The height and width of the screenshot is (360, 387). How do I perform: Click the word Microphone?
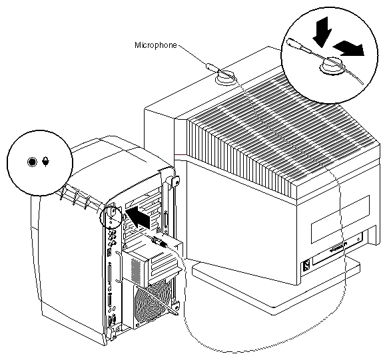point(156,45)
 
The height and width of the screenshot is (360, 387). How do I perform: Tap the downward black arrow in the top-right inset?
point(322,32)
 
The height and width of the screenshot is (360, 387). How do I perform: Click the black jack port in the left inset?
point(32,162)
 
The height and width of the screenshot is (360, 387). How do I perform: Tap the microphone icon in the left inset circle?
point(46,162)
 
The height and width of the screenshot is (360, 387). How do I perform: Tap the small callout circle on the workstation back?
point(111,216)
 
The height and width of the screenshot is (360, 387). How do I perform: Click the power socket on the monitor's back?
point(306,266)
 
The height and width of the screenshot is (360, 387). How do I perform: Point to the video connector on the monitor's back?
point(338,248)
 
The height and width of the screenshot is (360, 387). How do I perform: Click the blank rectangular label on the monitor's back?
point(340,219)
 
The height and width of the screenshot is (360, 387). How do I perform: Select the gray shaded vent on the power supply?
point(136,271)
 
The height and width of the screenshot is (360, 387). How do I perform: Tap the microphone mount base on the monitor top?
point(225,80)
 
